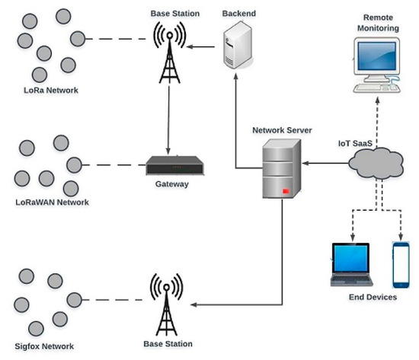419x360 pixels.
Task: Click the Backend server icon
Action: click(238, 45)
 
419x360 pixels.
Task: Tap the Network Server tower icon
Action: click(282, 169)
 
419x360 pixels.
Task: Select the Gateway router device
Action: click(174, 165)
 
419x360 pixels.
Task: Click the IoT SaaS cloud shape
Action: click(376, 164)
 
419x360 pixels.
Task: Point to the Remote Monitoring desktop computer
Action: click(377, 65)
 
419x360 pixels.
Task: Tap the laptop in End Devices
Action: click(351, 264)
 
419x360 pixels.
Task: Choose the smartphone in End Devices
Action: click(401, 265)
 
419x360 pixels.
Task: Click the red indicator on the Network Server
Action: click(286, 191)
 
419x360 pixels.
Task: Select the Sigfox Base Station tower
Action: click(167, 304)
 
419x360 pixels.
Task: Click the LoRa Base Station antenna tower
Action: click(169, 53)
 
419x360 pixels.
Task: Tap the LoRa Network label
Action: click(51, 91)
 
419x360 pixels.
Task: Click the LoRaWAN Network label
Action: click(52, 202)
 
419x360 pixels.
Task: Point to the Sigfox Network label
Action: click(44, 346)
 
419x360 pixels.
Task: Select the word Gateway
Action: click(172, 184)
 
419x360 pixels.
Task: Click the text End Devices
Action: click(373, 297)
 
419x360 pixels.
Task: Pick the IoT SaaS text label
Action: click(355, 143)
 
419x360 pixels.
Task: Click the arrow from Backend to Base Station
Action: click(200, 46)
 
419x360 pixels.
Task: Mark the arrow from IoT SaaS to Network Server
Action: click(325, 163)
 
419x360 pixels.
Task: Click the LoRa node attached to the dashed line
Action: click(78, 39)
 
